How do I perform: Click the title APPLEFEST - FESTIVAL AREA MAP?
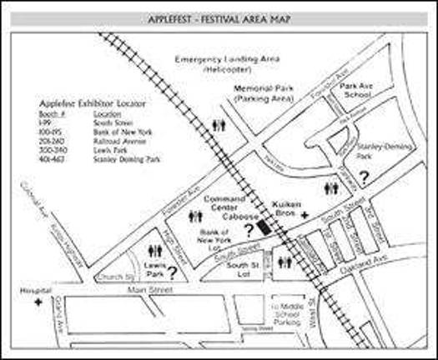click(219, 17)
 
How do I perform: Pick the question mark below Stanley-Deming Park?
click(362, 177)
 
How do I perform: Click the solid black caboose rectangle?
click(263, 224)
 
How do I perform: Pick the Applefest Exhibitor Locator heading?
click(92, 104)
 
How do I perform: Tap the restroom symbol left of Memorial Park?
click(219, 126)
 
